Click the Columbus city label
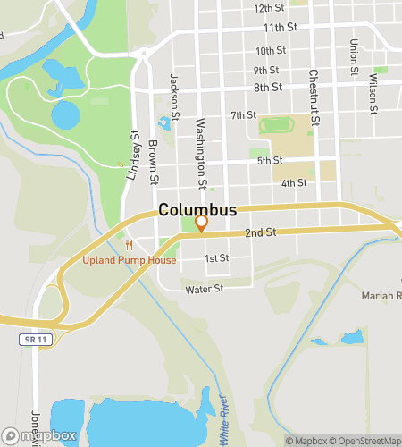tap(198, 210)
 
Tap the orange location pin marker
tap(202, 223)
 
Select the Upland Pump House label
tap(130, 260)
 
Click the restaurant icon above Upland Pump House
tap(130, 245)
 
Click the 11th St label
tap(279, 28)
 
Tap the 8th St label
tap(267, 88)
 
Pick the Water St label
tap(203, 290)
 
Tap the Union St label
tap(354, 56)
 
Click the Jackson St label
tap(175, 97)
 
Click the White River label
tap(226, 420)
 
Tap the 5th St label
tap(270, 161)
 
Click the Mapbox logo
tap(38, 435)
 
